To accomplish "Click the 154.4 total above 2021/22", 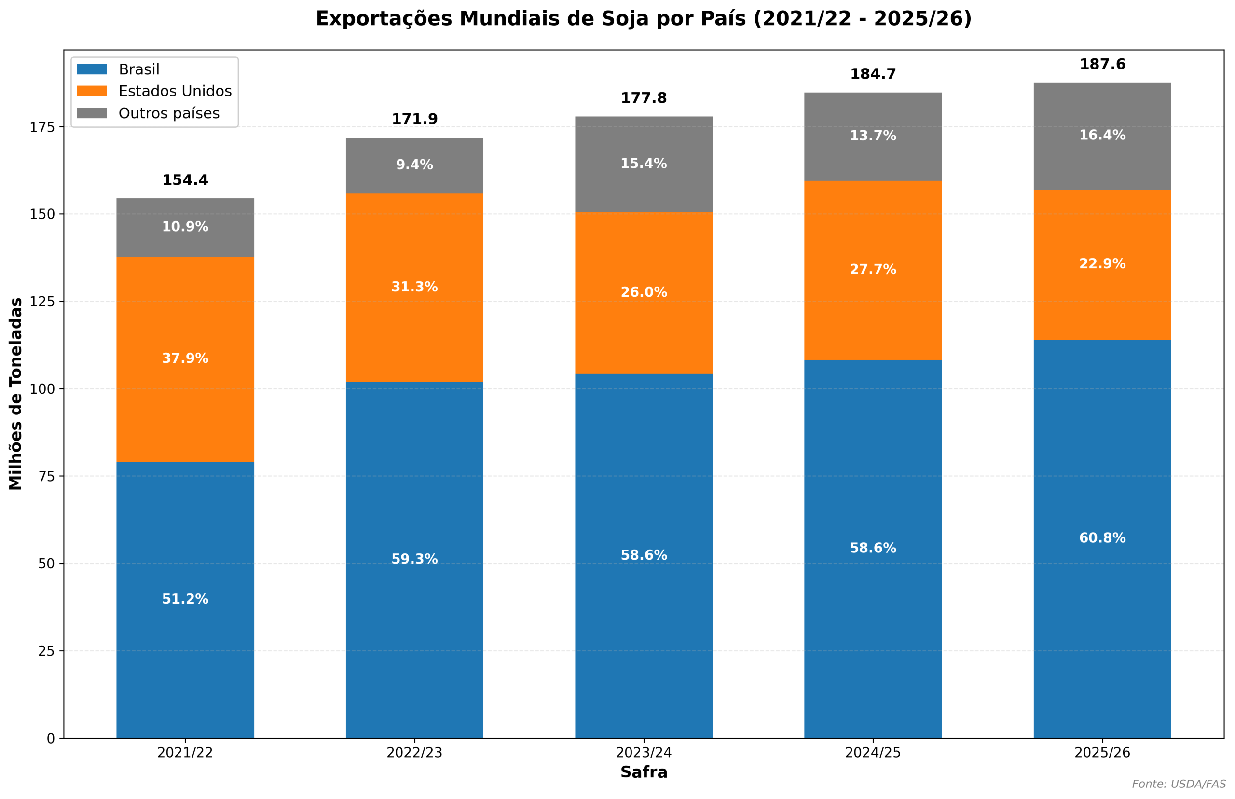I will tap(185, 180).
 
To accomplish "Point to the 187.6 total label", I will tap(1102, 64).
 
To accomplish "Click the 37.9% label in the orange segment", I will tap(185, 358).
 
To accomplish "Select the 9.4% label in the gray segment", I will tap(414, 165).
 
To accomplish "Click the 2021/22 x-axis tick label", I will tap(185, 753).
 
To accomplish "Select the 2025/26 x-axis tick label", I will tap(1102, 753).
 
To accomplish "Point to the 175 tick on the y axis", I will tap(42, 127).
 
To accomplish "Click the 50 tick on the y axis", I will tap(46, 564).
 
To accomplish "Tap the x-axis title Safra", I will tap(644, 772).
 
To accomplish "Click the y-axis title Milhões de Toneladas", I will tap(15, 394).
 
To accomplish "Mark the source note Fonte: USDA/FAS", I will tap(1179, 784).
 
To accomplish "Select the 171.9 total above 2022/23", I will tap(414, 119).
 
